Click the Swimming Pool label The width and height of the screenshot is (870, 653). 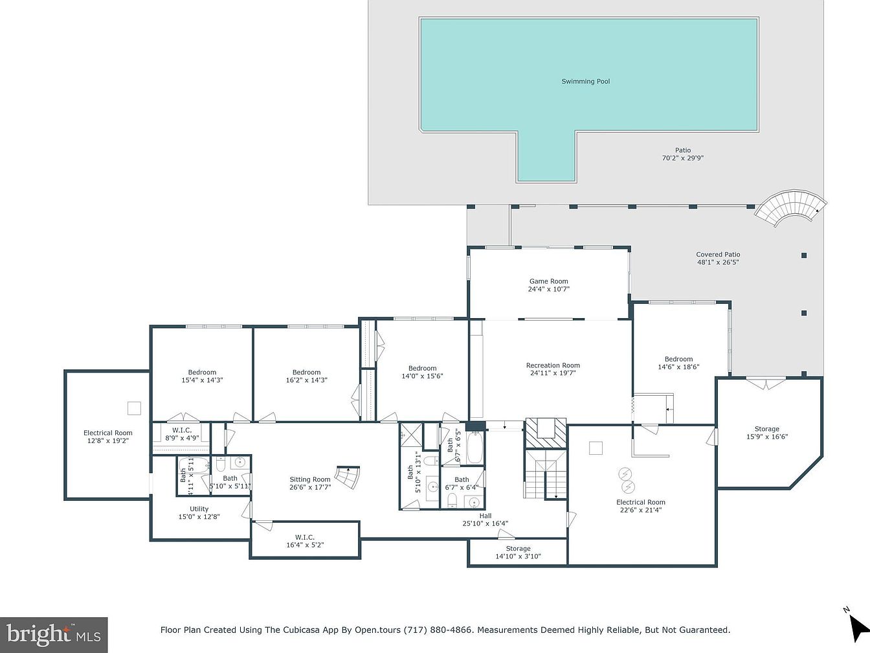(585, 81)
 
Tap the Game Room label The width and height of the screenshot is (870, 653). (548, 281)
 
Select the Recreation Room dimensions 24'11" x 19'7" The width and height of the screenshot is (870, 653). (553, 372)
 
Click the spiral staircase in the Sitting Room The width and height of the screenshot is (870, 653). (348, 477)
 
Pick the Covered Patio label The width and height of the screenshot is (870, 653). (718, 255)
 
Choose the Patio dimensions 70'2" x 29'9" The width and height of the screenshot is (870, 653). (683, 158)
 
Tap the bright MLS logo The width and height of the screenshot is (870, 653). (54, 635)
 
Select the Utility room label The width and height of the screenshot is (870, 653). (199, 509)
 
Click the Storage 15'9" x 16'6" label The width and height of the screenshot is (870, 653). (767, 433)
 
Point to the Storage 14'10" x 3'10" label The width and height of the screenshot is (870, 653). (518, 553)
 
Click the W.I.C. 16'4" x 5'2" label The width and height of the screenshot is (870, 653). (305, 541)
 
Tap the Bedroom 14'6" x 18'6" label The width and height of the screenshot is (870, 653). (678, 363)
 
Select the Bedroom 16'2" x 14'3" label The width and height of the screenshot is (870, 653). (306, 376)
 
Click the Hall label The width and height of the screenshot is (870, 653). (485, 516)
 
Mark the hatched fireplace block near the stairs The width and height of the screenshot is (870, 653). (546, 433)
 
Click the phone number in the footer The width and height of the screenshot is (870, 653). (438, 630)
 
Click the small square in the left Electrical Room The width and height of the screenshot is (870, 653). (134, 408)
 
